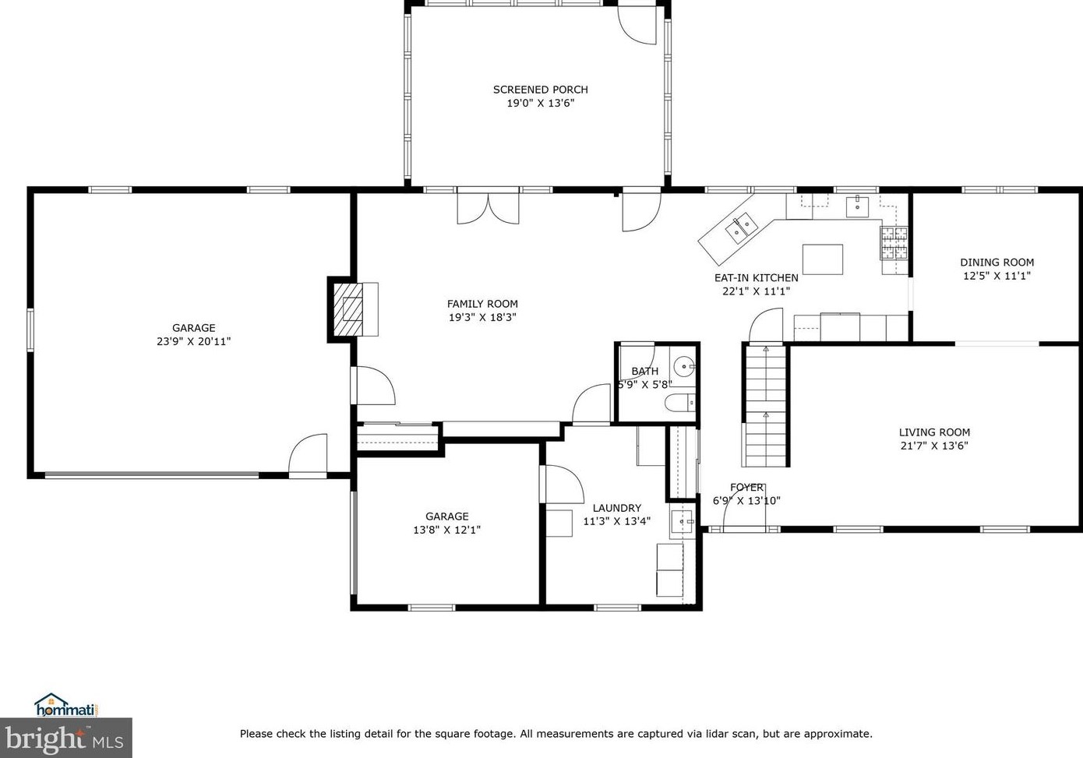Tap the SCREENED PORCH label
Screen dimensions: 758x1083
pyautogui.click(x=540, y=90)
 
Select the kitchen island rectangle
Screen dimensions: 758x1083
pyautogui.click(x=823, y=259)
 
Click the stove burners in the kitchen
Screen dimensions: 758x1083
pyautogui.click(x=894, y=242)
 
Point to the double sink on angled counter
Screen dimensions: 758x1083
pyautogui.click(x=741, y=227)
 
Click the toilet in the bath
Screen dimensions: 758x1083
pyautogui.click(x=679, y=404)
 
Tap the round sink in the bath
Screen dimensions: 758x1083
pyautogui.click(x=684, y=365)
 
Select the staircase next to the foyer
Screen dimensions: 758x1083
pyautogui.click(x=765, y=405)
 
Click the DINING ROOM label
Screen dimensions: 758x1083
pyautogui.click(x=997, y=263)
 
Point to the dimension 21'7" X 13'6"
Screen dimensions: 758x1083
pyautogui.click(x=933, y=446)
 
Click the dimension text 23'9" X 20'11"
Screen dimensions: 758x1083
pyautogui.click(x=193, y=341)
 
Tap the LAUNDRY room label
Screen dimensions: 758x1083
pyautogui.click(x=616, y=508)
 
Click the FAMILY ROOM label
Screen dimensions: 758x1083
pyautogui.click(x=482, y=304)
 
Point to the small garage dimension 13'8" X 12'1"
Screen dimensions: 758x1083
pyautogui.click(x=446, y=530)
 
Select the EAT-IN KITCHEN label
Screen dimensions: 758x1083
pyautogui.click(x=756, y=277)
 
